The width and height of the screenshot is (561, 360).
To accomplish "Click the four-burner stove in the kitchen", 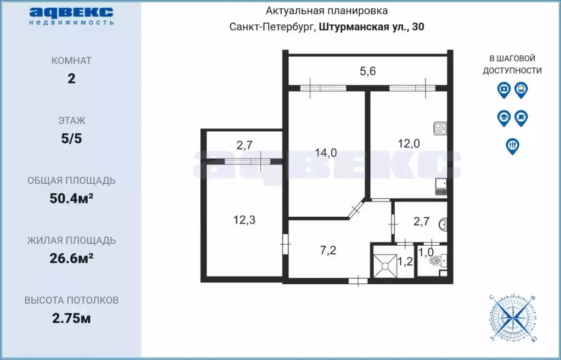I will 440,128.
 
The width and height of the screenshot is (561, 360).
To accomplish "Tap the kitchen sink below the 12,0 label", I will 440,188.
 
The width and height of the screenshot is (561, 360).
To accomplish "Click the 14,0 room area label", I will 327,153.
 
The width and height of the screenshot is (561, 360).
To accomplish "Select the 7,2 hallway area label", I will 328,250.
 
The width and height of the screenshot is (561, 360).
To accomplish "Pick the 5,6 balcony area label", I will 367,70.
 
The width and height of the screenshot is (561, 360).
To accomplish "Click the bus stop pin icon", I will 521,89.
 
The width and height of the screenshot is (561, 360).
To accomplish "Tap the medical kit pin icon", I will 503,89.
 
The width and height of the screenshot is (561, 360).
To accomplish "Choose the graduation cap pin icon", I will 503,117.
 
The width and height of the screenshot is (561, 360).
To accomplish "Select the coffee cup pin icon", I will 521,117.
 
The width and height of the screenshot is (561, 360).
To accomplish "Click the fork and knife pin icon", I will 512,146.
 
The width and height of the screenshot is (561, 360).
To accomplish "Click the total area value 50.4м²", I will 71,198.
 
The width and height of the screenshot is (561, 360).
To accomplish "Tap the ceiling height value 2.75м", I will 71,318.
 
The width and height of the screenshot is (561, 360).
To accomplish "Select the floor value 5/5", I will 71,138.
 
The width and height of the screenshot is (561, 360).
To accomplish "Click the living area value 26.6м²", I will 71,258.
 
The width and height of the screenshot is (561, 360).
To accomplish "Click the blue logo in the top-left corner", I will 71,15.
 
